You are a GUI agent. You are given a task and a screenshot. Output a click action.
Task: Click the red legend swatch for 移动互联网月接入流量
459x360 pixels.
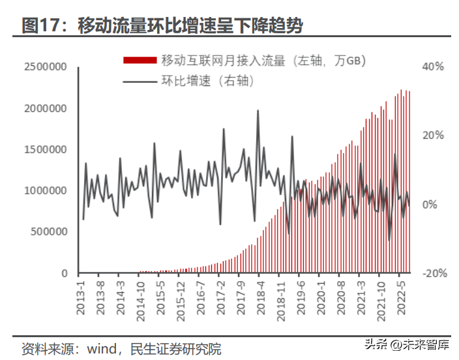coord(140,61)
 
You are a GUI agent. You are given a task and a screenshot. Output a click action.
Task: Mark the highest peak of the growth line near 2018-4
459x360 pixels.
coord(258,110)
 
